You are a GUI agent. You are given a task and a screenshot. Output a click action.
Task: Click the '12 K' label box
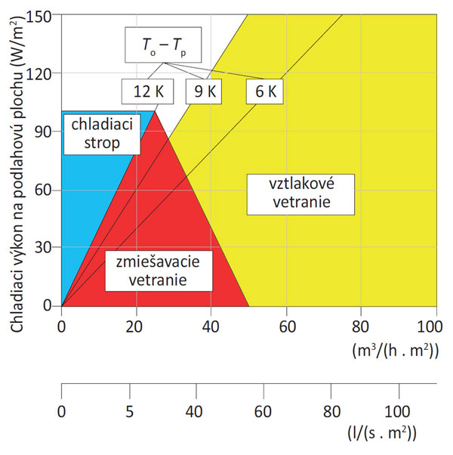point(148,92)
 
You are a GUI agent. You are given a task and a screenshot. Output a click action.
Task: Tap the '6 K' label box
point(263,92)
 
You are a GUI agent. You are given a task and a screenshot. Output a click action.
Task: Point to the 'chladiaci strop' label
point(96,133)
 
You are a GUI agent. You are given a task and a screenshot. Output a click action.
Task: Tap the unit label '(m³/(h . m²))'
point(398,350)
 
